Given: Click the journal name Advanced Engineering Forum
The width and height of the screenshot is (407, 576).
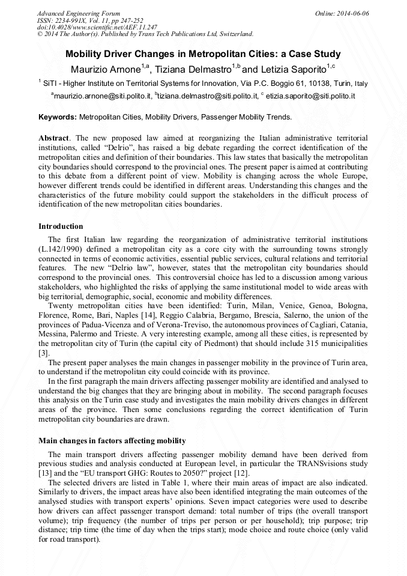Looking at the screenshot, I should click(x=78, y=13).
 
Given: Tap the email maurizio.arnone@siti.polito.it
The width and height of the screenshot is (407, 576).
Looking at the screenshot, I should click(x=101, y=95).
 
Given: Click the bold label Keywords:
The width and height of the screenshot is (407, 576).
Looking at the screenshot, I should click(x=58, y=117).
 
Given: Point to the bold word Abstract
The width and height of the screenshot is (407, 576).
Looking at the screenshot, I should click(x=53, y=138).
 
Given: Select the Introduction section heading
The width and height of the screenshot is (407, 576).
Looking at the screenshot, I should click(x=61, y=226).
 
